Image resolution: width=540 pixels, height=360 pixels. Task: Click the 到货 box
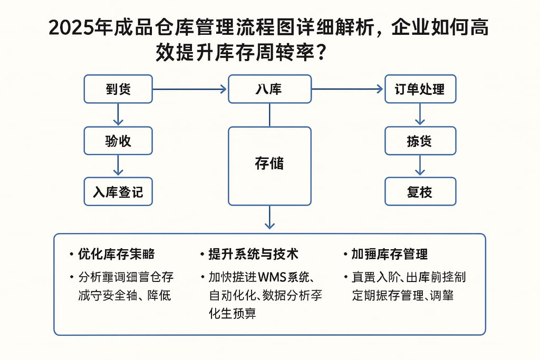(x=118, y=89)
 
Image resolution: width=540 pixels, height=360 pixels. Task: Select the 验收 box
(x=118, y=140)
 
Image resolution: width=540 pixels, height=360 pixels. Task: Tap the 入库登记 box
(x=118, y=191)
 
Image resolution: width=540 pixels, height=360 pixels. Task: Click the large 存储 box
(x=269, y=166)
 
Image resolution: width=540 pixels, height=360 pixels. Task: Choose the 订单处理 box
(x=420, y=89)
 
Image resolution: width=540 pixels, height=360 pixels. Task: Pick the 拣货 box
(x=420, y=141)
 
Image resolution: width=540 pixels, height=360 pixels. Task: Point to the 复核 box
(x=420, y=191)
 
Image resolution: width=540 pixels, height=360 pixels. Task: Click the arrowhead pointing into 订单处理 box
(x=379, y=89)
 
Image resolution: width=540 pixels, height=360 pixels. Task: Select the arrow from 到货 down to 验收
(x=118, y=114)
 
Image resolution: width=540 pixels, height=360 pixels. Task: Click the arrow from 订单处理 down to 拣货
(x=420, y=114)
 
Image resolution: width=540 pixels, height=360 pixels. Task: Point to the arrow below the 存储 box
(x=269, y=218)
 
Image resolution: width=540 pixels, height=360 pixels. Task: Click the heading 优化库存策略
(x=116, y=254)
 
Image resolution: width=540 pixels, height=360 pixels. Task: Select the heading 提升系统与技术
(x=253, y=254)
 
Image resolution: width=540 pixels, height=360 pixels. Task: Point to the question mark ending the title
(x=319, y=52)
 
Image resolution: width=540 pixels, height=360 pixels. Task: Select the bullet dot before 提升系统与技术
(x=202, y=255)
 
